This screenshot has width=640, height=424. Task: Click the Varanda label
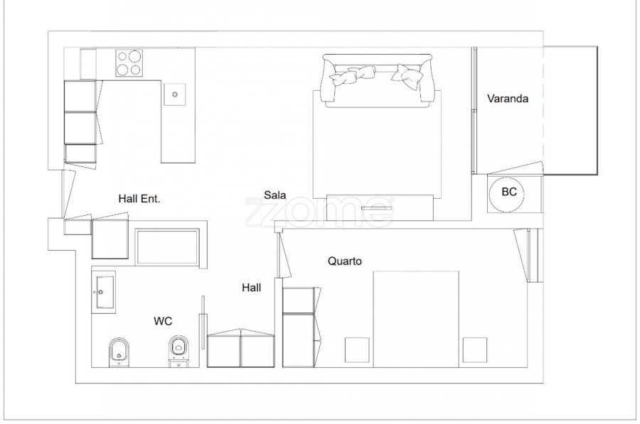click(x=507, y=98)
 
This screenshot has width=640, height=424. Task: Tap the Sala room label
click(x=274, y=195)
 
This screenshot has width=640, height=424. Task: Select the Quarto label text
click(x=344, y=261)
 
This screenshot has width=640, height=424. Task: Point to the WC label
click(x=163, y=321)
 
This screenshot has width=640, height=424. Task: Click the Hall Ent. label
click(x=139, y=199)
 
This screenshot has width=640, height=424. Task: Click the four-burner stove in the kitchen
click(x=128, y=62)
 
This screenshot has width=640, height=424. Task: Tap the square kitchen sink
click(x=175, y=94)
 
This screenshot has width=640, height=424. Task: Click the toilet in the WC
click(x=178, y=351)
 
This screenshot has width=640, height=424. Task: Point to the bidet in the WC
click(x=119, y=352)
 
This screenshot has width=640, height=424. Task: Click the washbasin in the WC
click(x=104, y=292)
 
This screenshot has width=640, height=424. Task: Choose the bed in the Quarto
click(x=416, y=319)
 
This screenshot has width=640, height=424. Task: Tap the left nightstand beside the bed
click(x=357, y=350)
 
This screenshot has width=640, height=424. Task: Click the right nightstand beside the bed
click(x=475, y=350)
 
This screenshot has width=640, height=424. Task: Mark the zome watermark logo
click(x=319, y=212)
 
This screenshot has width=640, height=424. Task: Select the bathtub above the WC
click(x=167, y=247)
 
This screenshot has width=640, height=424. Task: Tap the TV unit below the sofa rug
click(x=380, y=207)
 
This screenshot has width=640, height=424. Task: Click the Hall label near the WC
click(x=252, y=288)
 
